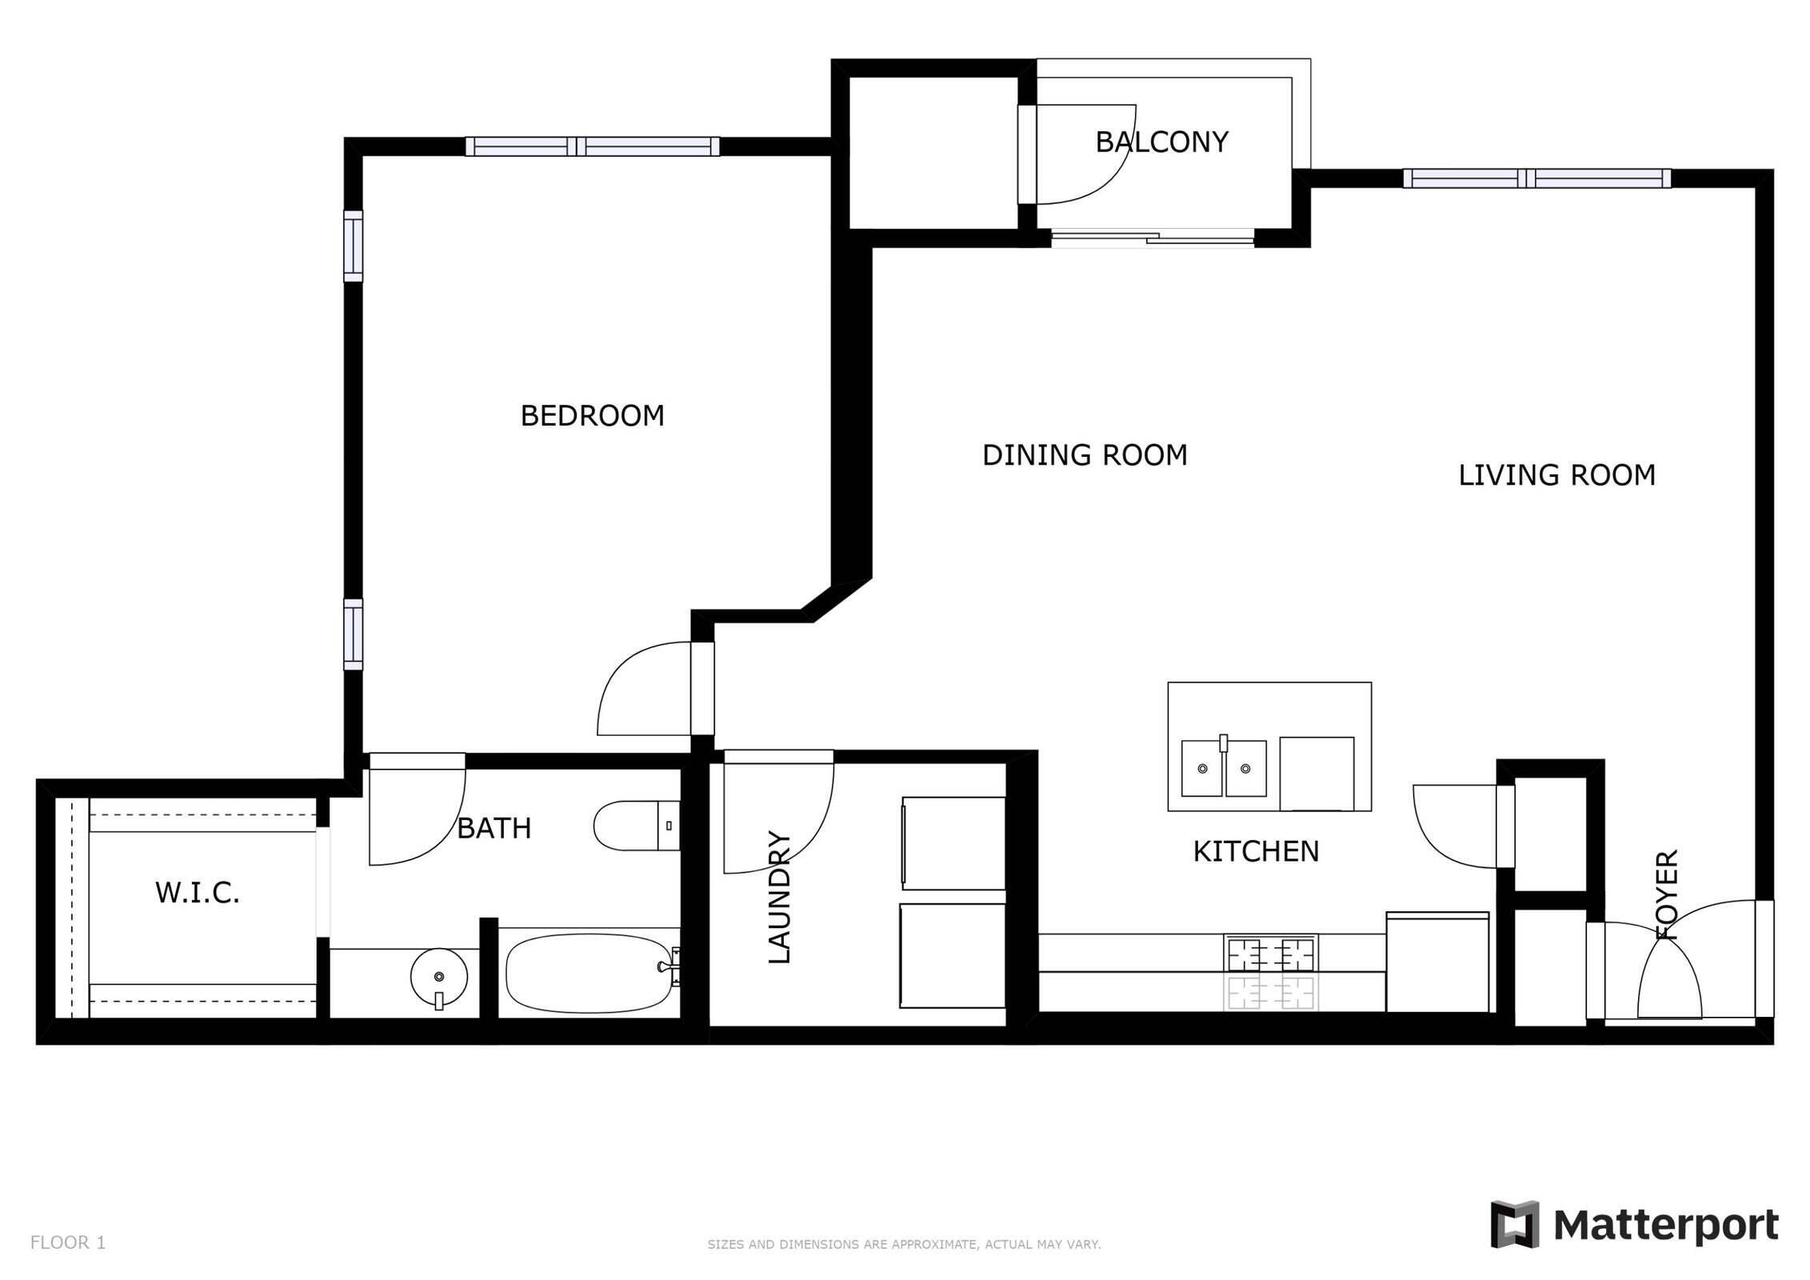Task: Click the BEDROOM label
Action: point(592,416)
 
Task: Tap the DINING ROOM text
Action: point(1084,455)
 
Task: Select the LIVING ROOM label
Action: point(1556,475)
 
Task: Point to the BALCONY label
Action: point(1161,142)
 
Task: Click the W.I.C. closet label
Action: point(197,893)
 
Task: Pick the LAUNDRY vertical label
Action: point(779,897)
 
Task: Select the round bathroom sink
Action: point(438,977)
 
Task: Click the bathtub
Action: point(589,973)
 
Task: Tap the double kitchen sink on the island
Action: point(1224,768)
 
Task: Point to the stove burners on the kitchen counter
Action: point(1270,954)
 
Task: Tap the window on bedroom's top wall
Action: point(592,146)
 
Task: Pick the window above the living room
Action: point(1536,178)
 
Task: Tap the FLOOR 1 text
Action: point(68,1242)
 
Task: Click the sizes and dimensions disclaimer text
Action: point(904,1244)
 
